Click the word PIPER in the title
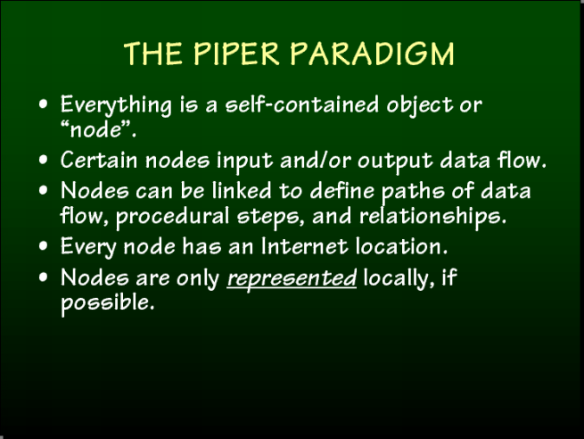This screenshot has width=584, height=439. click(236, 54)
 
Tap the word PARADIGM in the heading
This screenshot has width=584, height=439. click(372, 54)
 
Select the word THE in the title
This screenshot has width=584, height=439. click(153, 54)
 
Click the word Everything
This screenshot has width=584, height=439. click(116, 105)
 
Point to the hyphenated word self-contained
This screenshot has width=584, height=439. click(302, 104)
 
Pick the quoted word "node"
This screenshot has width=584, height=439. click(96, 129)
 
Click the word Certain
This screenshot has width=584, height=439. click(99, 160)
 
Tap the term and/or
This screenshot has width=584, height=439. click(316, 160)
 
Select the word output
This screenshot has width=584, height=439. click(395, 162)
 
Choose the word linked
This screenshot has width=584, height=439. click(242, 190)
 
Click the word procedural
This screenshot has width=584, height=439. click(172, 217)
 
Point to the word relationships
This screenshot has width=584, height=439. click(432, 217)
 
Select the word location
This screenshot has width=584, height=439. click(401, 246)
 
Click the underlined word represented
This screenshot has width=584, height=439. click(292, 279)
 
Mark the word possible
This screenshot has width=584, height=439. click(107, 303)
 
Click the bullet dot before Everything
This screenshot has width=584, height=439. click(44, 104)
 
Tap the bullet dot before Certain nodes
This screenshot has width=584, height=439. click(44, 160)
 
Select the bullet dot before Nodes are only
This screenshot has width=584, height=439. click(44, 277)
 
